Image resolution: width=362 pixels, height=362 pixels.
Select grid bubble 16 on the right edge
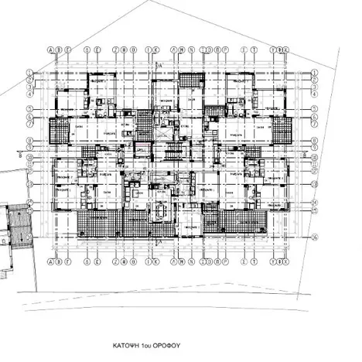[315, 238]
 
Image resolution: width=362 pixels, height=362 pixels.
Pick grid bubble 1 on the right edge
[315, 73]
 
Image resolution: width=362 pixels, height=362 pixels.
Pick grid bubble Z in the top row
[115, 47]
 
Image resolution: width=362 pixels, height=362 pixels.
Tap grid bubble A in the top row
[50, 47]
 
